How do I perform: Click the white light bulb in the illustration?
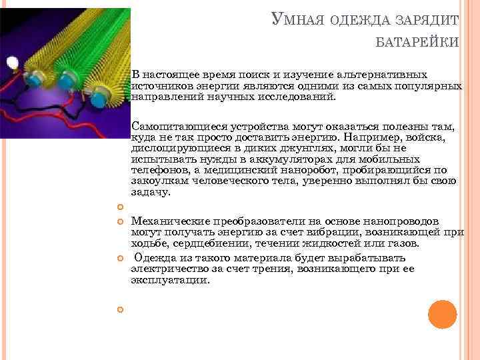[12, 63]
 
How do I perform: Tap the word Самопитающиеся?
[173, 126]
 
